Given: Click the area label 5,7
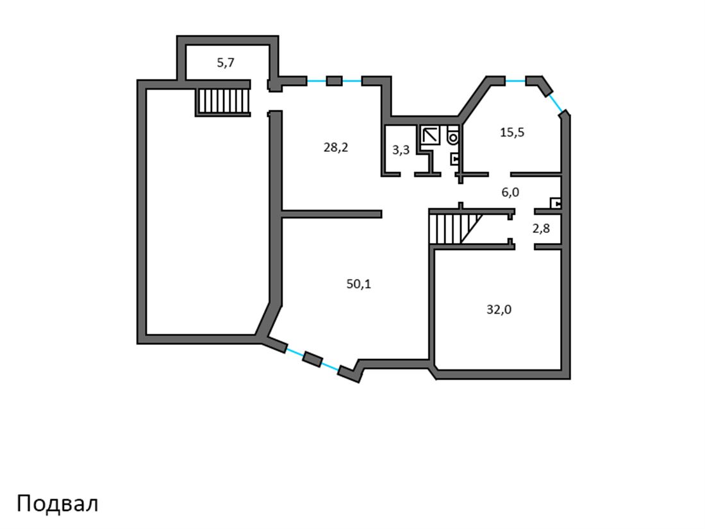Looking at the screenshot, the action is pyautogui.click(x=226, y=63).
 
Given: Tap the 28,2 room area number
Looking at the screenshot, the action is pyautogui.click(x=336, y=147).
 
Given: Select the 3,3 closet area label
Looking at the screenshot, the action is pyautogui.click(x=401, y=150).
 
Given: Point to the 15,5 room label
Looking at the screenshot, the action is pyautogui.click(x=512, y=133).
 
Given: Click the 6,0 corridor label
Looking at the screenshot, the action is pyautogui.click(x=510, y=192).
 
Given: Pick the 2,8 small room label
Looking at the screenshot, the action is pyautogui.click(x=542, y=228).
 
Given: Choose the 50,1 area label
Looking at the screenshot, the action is pyautogui.click(x=359, y=284).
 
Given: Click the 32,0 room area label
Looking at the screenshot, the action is pyautogui.click(x=499, y=310).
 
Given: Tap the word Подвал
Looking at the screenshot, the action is pyautogui.click(x=57, y=504).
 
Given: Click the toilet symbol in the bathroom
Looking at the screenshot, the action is pyautogui.click(x=452, y=135).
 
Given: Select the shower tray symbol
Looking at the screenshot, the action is pyautogui.click(x=430, y=135).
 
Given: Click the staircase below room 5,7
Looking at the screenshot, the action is pyautogui.click(x=223, y=102).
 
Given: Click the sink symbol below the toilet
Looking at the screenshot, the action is pyautogui.click(x=456, y=158).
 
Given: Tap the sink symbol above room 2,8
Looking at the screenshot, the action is pyautogui.click(x=556, y=204).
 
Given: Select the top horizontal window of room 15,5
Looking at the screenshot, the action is pyautogui.click(x=516, y=81).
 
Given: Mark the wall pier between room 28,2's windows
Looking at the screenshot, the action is pyautogui.click(x=334, y=81).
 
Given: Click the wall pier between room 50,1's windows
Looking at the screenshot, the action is pyautogui.click(x=313, y=359).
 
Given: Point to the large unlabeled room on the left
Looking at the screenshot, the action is pyautogui.click(x=207, y=212).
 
